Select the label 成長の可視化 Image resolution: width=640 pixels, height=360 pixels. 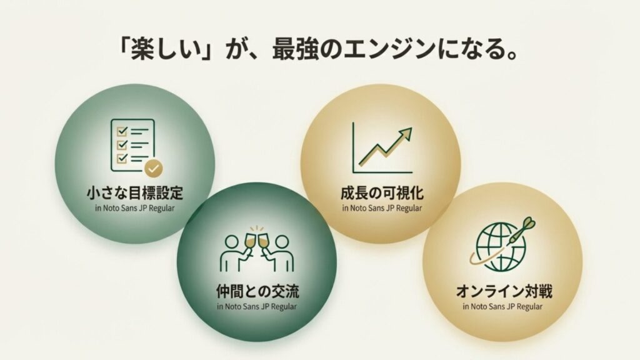pyautogui.click(x=381, y=192)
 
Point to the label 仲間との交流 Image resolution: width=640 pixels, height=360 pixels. pyautogui.click(x=256, y=291)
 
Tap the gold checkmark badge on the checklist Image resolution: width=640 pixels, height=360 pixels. pyautogui.click(x=152, y=167)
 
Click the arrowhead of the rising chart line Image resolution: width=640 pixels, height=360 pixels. pyautogui.click(x=407, y=132)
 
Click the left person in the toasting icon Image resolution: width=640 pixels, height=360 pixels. pyautogui.click(x=232, y=253)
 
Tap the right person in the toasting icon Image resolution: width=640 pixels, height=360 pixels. pyautogui.click(x=281, y=253)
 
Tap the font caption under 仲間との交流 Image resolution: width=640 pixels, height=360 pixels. pyautogui.click(x=256, y=306)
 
